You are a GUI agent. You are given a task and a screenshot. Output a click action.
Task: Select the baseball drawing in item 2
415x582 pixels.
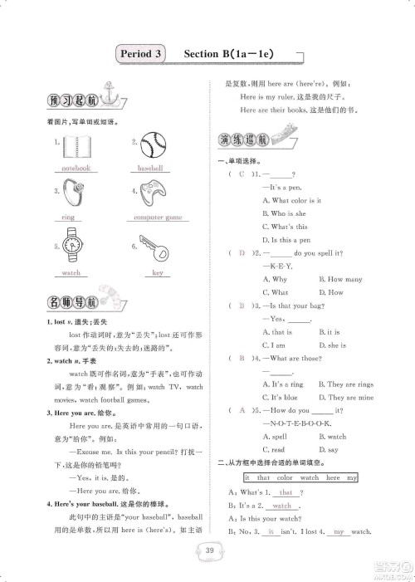pos(154,148)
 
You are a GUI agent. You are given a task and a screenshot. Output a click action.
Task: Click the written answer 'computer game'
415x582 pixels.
pos(158,218)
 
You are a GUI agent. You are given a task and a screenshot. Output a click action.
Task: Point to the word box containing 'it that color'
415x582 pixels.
pos(301,477)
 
